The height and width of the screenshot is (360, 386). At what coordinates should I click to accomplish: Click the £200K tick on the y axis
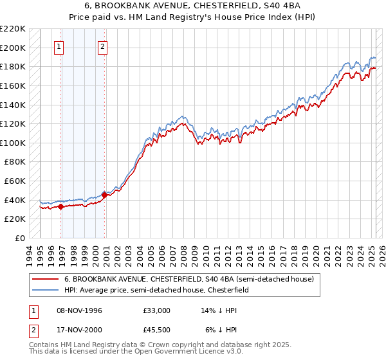pos(13,48)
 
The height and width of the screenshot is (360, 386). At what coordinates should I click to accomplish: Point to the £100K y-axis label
pos(13,143)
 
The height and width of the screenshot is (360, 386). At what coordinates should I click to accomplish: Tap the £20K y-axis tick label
pos(15,219)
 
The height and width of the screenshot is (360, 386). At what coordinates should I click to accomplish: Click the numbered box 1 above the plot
pos(59,46)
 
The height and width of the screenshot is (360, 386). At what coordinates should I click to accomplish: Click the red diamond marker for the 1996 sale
pos(60,206)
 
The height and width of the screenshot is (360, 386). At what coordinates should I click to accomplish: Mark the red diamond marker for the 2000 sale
pos(105,194)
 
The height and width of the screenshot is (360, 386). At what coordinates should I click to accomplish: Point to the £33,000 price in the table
pos(157,310)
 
